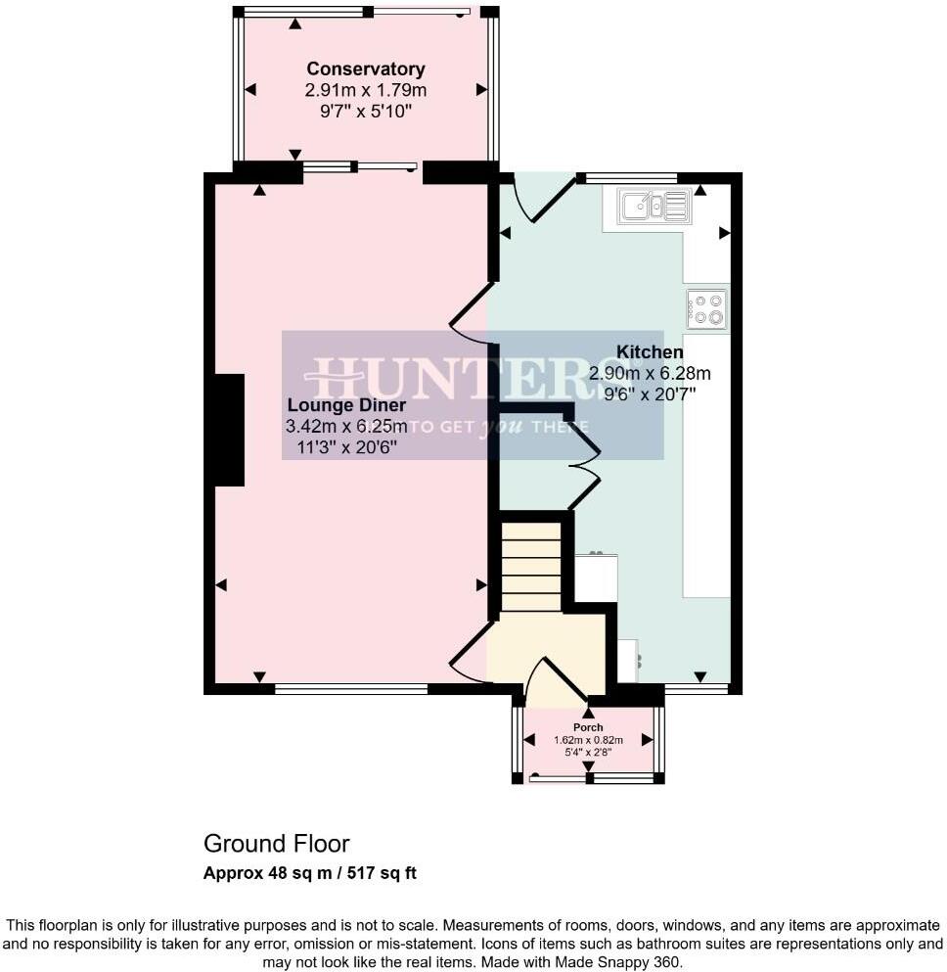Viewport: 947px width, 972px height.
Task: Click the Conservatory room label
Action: click(x=365, y=69)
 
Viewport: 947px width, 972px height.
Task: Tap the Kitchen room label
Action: click(x=649, y=352)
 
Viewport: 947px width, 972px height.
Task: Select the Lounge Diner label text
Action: click(x=346, y=405)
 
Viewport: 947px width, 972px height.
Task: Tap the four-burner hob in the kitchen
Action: click(x=706, y=308)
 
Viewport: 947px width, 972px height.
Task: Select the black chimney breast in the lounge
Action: click(x=229, y=430)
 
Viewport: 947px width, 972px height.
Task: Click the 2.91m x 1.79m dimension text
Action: click(x=365, y=90)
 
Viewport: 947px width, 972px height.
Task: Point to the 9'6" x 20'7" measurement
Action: click(x=649, y=393)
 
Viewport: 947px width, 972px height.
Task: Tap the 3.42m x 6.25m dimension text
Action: click(x=346, y=427)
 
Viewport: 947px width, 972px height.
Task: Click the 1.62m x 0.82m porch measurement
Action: click(x=588, y=740)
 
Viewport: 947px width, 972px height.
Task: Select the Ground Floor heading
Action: click(x=276, y=844)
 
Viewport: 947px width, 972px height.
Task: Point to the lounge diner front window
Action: click(x=351, y=689)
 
